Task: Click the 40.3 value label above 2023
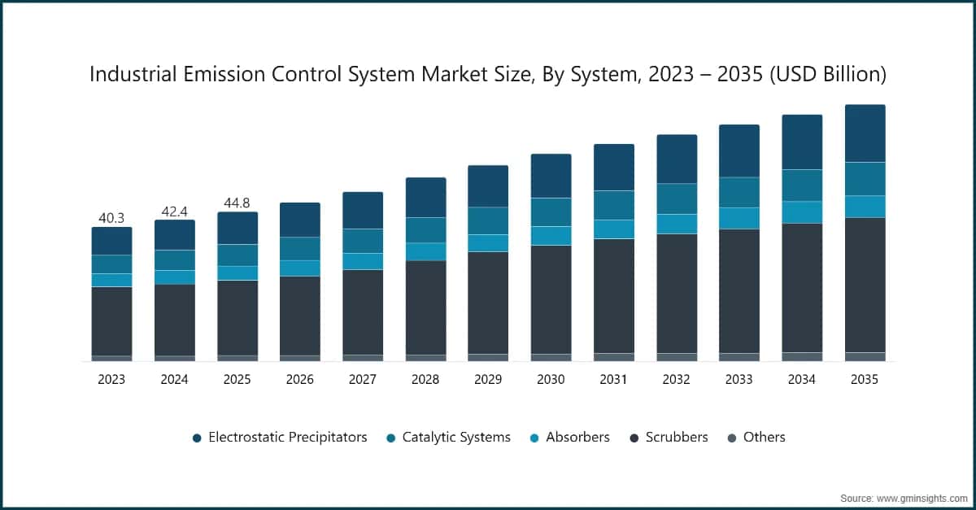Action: tap(111, 218)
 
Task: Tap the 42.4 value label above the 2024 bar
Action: tap(174, 211)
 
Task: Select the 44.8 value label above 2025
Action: tap(237, 203)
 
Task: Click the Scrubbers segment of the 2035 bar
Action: tap(865, 285)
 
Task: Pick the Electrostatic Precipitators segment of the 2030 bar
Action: tap(551, 176)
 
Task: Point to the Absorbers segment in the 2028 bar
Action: tap(425, 251)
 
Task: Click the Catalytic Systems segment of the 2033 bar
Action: tap(739, 193)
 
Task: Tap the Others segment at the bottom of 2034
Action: tap(802, 356)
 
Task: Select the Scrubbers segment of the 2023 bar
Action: tap(111, 320)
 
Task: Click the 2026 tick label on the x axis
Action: tap(300, 380)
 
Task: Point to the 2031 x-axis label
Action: tap(613, 380)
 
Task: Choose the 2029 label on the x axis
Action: tap(488, 380)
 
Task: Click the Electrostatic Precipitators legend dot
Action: tap(197, 438)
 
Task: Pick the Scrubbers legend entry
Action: tap(676, 438)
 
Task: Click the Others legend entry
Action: tap(764, 438)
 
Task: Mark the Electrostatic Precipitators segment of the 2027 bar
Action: tap(363, 210)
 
